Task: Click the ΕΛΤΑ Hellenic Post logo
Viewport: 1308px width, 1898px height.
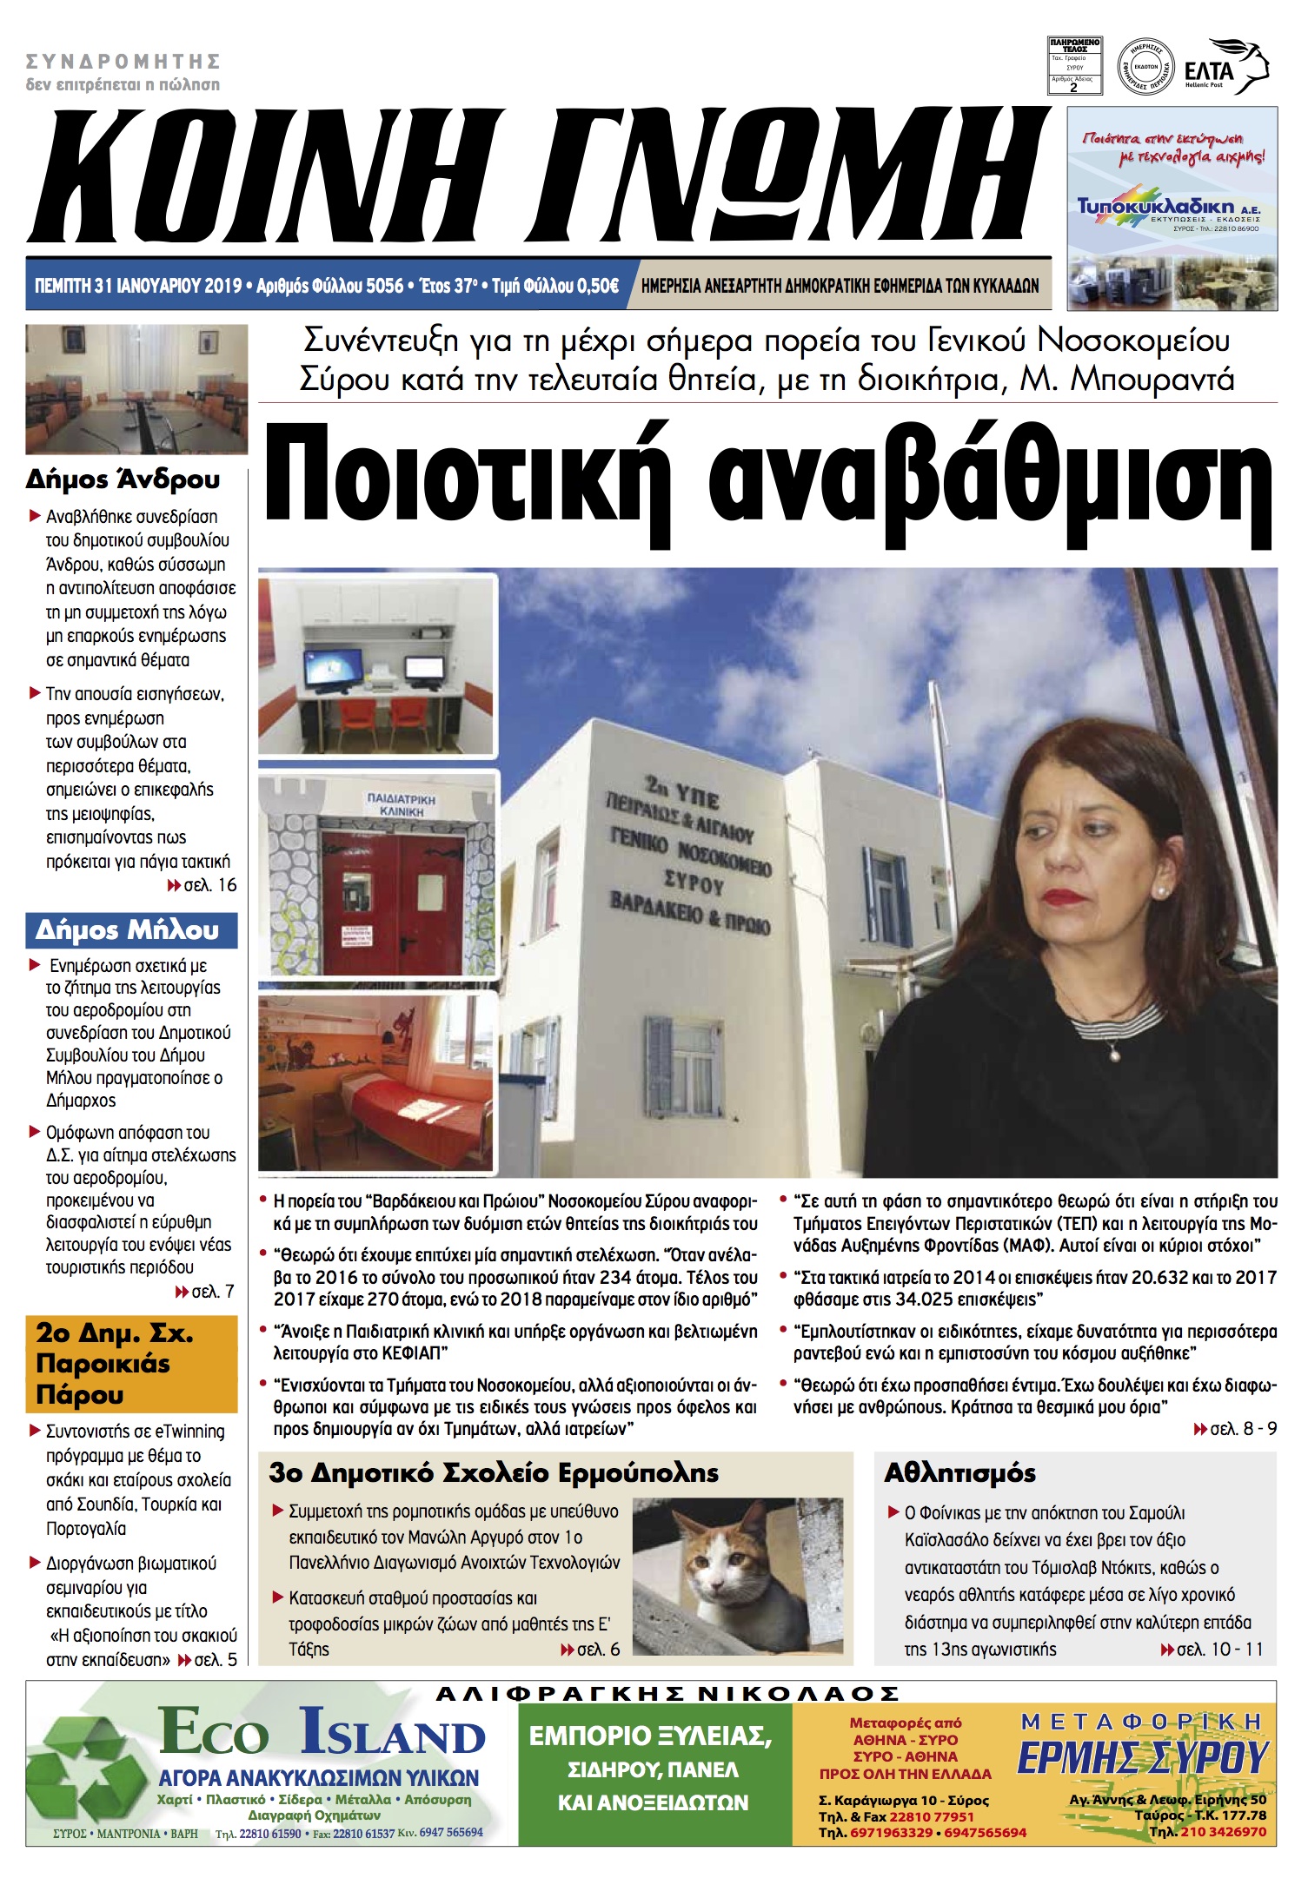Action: click(1225, 68)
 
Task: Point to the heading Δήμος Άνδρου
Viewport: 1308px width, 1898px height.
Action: click(123, 479)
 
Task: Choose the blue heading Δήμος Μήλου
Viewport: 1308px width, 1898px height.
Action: click(128, 930)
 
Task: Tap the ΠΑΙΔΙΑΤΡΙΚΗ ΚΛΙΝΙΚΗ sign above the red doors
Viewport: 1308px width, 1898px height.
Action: click(401, 804)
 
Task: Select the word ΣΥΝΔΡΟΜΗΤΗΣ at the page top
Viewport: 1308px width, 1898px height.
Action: click(123, 62)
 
